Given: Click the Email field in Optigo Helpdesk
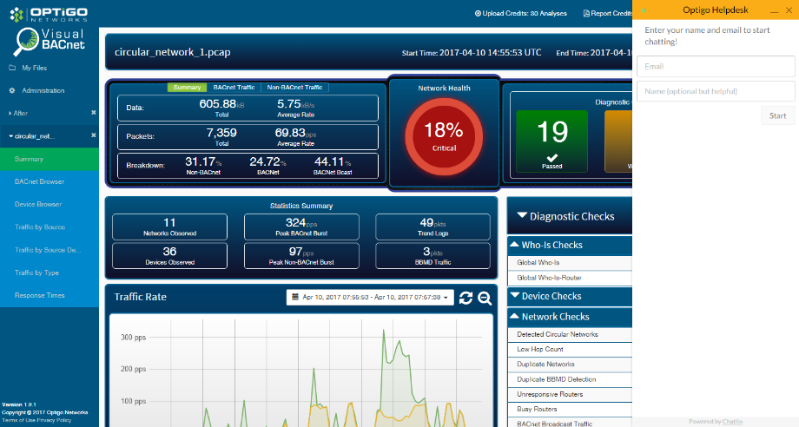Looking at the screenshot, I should pos(716,66).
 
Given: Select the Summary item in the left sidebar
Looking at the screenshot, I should pos(29,159).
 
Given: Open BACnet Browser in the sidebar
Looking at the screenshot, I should pos(39,181).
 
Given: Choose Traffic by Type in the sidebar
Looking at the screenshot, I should pos(37,273).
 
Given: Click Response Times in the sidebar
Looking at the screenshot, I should pos(40,295).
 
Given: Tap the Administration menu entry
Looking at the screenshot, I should pos(43,90).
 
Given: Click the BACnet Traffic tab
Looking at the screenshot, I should pos(234,88).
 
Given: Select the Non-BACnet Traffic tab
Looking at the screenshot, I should pos(294,88).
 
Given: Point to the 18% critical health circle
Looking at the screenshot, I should pos(443,135).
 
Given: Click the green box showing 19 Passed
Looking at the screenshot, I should pos(551,141).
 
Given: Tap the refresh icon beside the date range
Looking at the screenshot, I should pos(466,298).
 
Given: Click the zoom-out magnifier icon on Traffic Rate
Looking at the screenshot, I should pos(485,298).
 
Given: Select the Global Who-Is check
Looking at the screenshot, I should pos(538,262).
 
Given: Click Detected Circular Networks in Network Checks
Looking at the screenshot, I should pos(558,334).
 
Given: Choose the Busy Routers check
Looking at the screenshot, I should pos(538,409).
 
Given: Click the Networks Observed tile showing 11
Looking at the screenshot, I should pos(169,227).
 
